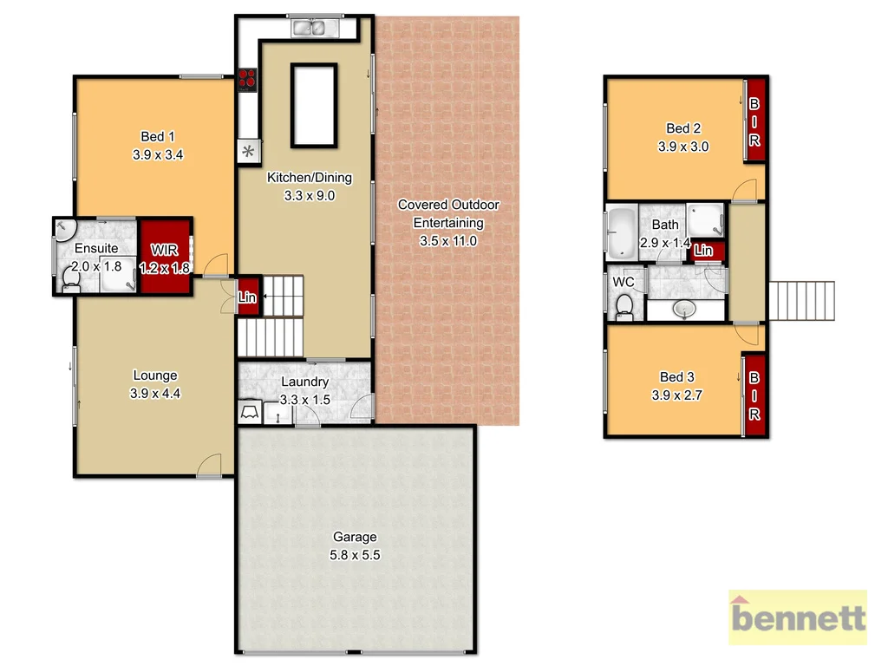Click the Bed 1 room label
tap(158, 136)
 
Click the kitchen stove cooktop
tap(248, 80)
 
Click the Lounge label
tap(155, 375)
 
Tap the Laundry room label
tap(304, 382)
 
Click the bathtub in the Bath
tap(620, 232)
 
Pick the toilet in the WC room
tap(624, 305)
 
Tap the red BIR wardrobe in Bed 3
tap(754, 395)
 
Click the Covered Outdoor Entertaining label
tap(448, 213)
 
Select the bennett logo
tap(797, 617)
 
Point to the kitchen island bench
tap(312, 106)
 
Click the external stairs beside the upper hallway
tap(801, 301)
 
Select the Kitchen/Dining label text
tap(310, 178)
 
